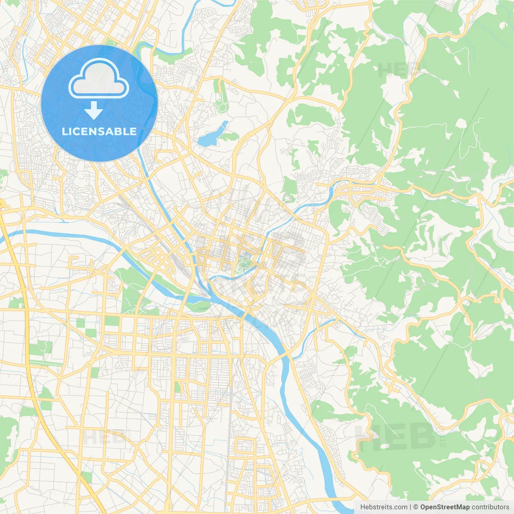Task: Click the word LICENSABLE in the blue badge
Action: click(99, 132)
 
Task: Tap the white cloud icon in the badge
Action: click(99, 79)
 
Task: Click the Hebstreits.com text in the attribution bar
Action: click(383, 507)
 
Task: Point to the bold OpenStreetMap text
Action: click(445, 507)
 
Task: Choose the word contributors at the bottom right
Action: click(490, 507)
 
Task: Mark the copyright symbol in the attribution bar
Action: click(416, 507)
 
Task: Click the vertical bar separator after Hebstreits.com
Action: click(410, 507)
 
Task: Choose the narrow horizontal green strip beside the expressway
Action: click(46, 363)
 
